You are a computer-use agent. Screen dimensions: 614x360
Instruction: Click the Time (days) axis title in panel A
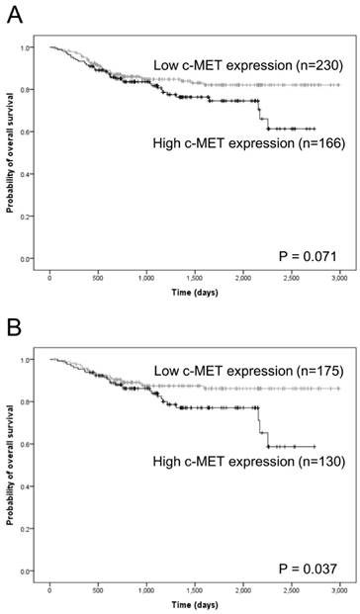[x=194, y=294]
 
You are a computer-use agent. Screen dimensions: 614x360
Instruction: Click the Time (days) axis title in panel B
[x=194, y=605]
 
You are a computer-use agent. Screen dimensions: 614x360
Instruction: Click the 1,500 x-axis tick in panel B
[x=194, y=592]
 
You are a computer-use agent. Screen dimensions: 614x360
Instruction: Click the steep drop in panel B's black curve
[x=261, y=420]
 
